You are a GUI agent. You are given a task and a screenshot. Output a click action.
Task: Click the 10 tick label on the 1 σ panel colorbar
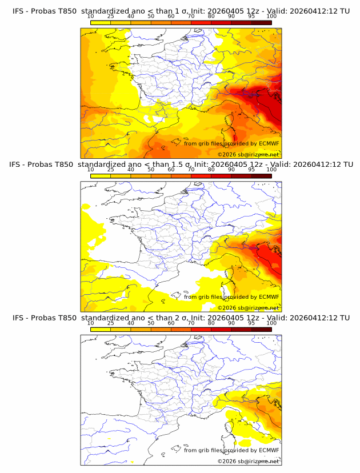tap(91, 16)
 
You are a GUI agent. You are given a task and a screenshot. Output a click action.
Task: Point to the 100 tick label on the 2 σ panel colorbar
tap(271, 323)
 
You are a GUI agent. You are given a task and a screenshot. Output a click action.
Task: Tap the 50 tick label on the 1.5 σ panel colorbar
tap(151, 170)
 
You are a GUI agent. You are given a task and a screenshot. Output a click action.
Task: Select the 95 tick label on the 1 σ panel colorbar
tap(251, 16)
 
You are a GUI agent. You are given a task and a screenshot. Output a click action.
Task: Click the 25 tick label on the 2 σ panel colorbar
tap(110, 323)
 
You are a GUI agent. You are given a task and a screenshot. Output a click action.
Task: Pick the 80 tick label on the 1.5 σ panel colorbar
tap(211, 170)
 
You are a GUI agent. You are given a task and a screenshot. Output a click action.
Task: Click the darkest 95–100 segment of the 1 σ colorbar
tap(261, 22)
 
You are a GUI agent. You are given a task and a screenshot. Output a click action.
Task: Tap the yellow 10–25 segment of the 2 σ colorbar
tap(101, 329)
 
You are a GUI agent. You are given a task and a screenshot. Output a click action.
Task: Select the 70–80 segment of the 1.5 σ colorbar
tap(201, 176)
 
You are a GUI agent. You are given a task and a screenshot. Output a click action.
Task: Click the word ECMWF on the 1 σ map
tap(269, 144)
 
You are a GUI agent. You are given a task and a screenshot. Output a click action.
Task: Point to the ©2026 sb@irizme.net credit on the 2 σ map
tap(249, 461)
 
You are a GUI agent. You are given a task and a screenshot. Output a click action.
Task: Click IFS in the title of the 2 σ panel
tap(18, 318)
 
